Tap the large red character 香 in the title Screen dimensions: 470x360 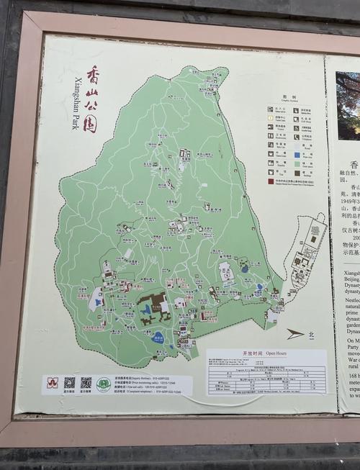pos(94,75)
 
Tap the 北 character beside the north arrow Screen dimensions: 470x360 pos(311,334)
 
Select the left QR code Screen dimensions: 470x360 pos(70,382)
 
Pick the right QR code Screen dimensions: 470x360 pos(86,382)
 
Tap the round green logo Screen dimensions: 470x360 pos(104,384)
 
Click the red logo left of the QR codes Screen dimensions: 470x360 pos(52,383)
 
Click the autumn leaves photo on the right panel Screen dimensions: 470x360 pos(348,105)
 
